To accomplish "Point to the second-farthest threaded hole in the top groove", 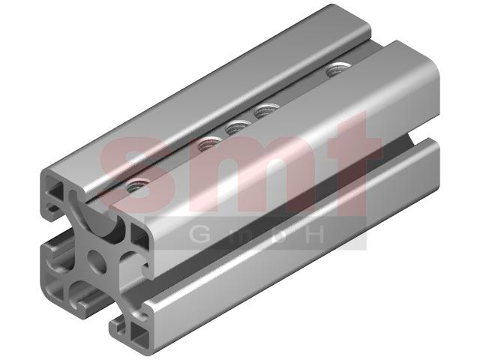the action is point(265,110).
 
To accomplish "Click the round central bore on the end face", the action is point(97,261).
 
